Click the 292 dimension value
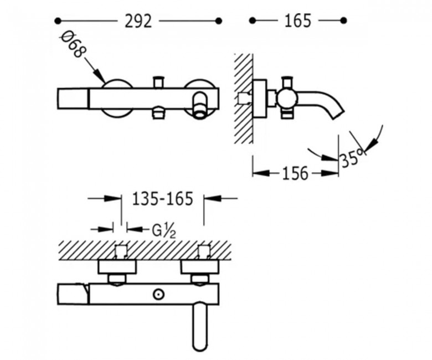(x=138, y=21)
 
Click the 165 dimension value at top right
(x=298, y=21)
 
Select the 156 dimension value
(x=295, y=173)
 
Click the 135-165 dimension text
(x=162, y=199)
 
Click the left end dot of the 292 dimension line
(x=58, y=20)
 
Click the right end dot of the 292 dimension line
(x=219, y=20)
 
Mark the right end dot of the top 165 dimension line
(x=343, y=20)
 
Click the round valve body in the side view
(x=287, y=98)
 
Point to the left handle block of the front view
(x=73, y=99)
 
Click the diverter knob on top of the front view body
(x=159, y=83)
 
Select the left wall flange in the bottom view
(x=117, y=268)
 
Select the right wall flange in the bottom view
(x=199, y=268)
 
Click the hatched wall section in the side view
(x=244, y=99)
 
